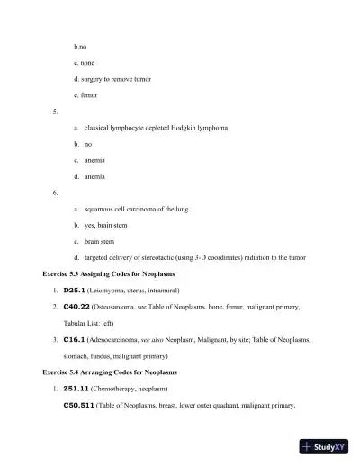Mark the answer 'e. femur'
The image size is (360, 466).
85,94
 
